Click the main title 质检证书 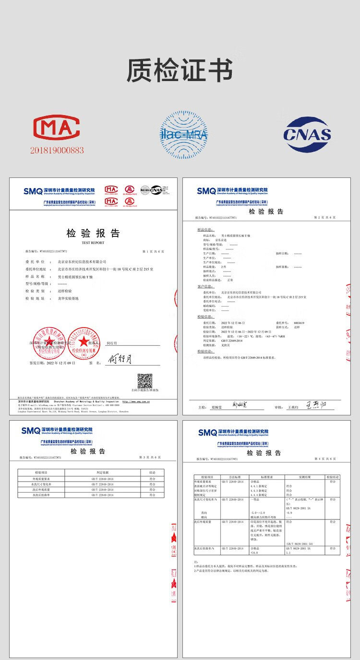(180, 71)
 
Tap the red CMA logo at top (57, 128)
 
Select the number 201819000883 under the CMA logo (57, 150)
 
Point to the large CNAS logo (307, 134)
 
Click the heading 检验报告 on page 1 (93, 234)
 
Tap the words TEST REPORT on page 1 (93, 243)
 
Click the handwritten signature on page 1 (120, 358)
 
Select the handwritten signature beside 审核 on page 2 (316, 406)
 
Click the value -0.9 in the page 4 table (289, 513)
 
